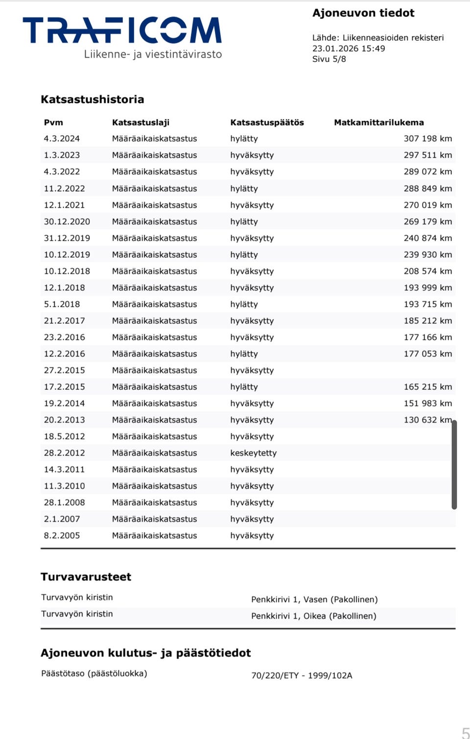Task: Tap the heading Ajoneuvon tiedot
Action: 363,13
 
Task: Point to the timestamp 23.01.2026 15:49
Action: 349,48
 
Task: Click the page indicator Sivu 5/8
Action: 329,59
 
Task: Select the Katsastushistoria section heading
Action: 93,99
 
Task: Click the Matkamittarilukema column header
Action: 378,122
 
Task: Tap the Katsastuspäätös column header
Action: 267,122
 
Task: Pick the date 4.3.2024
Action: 62,138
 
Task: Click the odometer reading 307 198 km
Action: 427,138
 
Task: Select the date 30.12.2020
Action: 67,222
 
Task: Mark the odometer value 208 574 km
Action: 427,271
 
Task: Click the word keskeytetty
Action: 253,453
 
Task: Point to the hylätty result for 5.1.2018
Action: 244,304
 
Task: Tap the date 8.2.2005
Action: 62,536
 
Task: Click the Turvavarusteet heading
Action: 86,577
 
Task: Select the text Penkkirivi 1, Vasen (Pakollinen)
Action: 314,600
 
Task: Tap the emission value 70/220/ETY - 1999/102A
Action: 302,675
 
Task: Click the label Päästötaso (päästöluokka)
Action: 94,673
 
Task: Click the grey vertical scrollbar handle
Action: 454,465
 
